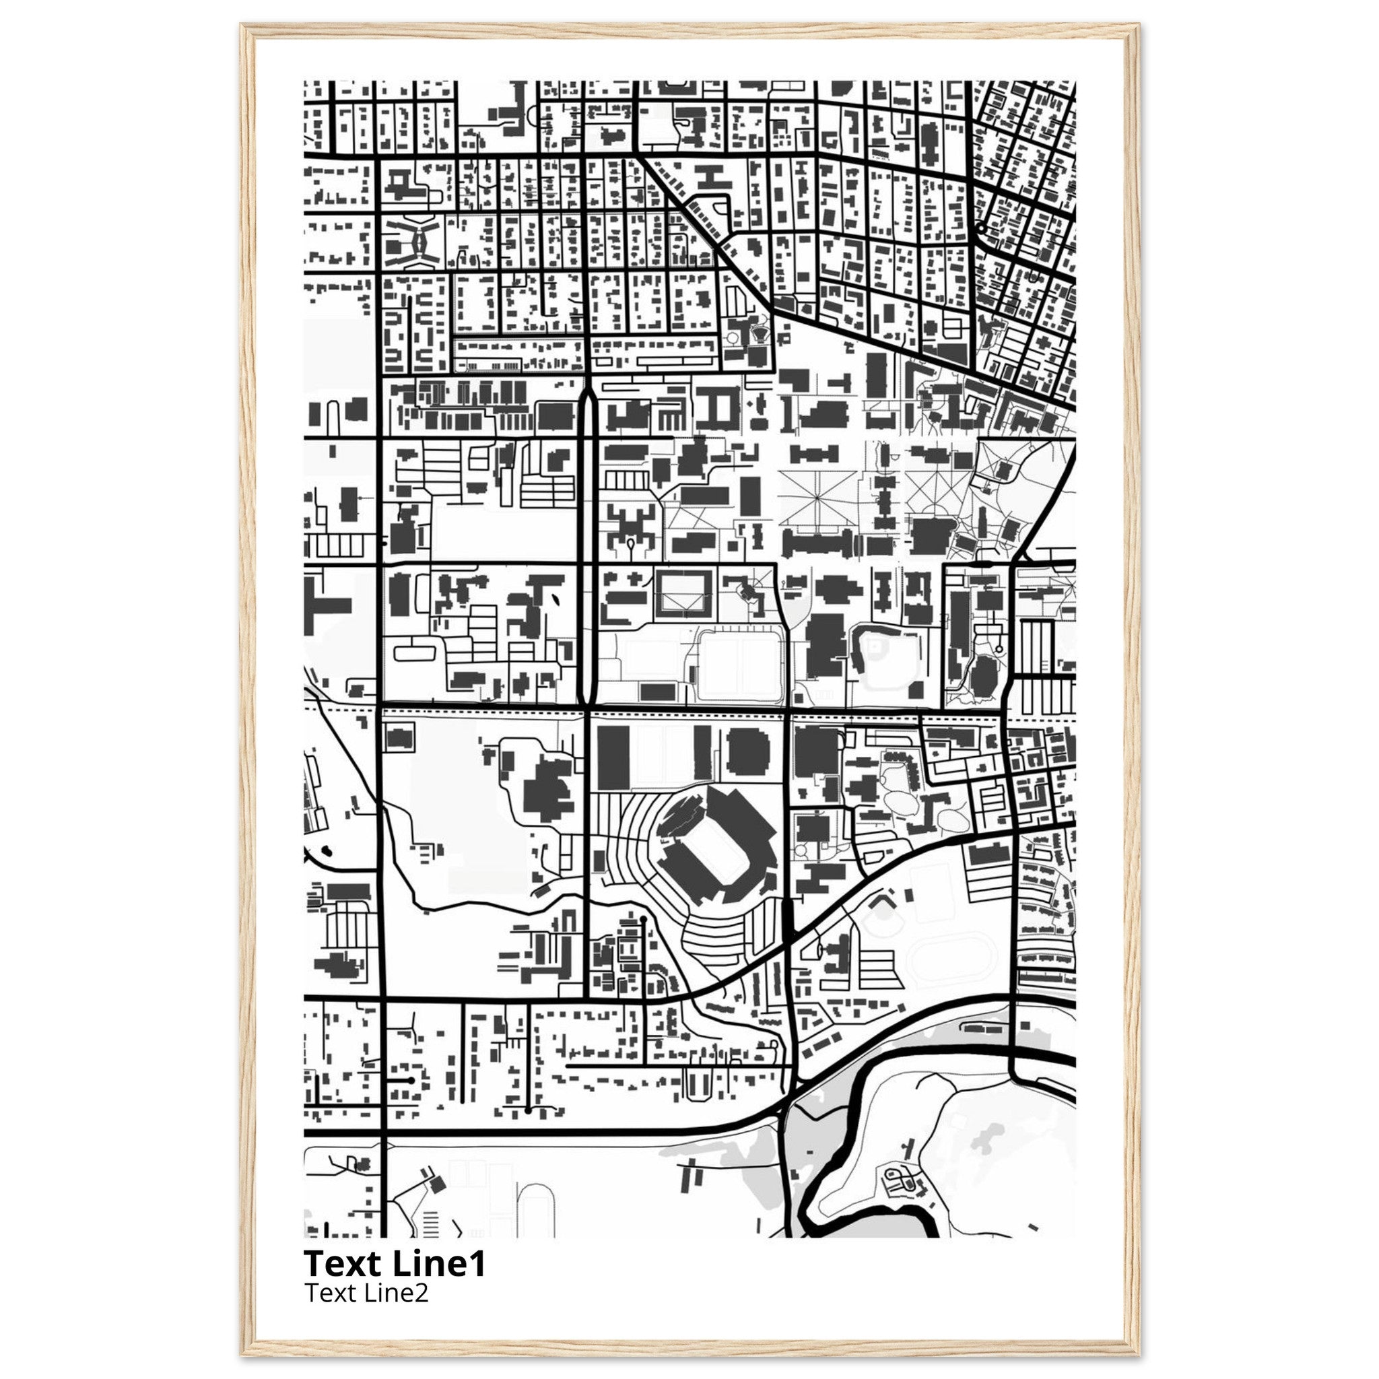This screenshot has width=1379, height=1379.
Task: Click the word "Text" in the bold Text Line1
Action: click(x=343, y=1264)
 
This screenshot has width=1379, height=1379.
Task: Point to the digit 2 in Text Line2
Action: click(x=420, y=1293)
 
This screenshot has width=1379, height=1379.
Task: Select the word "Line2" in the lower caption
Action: click(x=397, y=1293)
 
